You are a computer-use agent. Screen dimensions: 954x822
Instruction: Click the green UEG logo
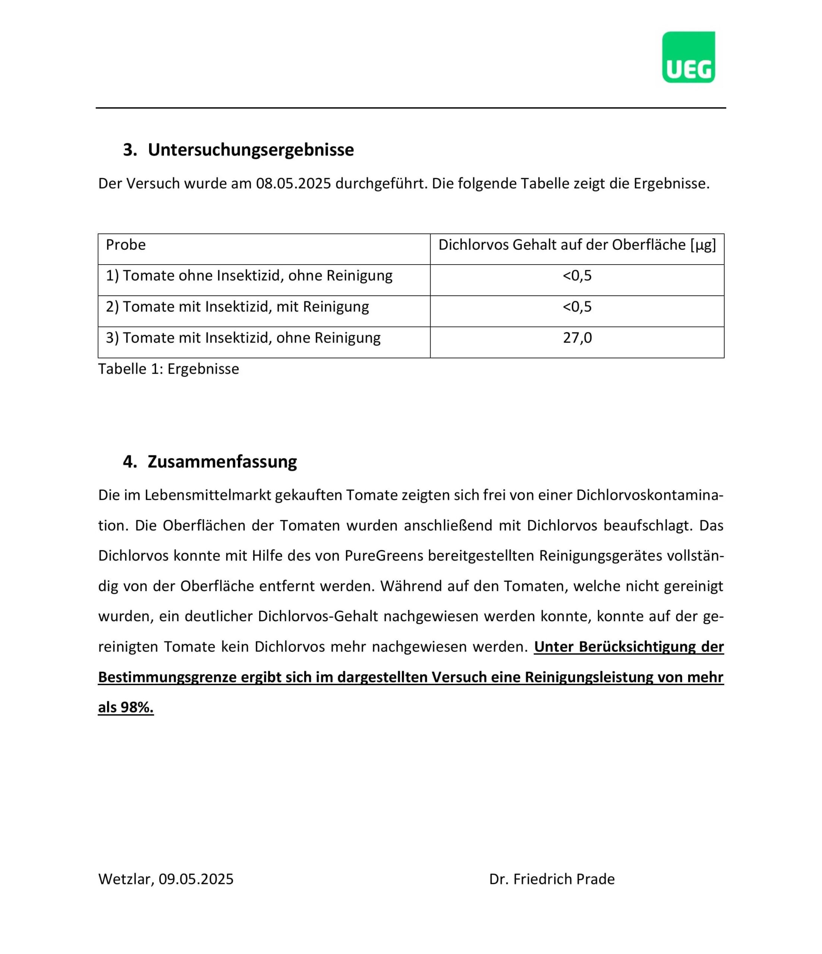[688, 57]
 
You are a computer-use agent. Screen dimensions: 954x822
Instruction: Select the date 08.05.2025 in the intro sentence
[293, 184]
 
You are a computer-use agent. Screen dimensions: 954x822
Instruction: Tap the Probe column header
[126, 245]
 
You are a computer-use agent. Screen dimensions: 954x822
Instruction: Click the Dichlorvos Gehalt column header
[577, 245]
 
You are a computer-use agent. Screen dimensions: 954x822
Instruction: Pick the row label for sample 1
[249, 276]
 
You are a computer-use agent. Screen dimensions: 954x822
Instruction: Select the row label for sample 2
[237, 307]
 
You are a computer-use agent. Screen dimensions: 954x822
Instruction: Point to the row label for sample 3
[243, 338]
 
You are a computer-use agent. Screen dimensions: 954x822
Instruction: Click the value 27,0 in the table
[577, 338]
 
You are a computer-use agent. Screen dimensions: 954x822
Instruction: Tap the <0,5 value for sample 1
[577, 276]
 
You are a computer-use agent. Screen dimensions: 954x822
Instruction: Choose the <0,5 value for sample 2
[577, 307]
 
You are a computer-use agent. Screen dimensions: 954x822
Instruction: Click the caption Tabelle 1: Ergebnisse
[169, 369]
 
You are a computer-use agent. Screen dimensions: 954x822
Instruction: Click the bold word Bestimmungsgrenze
[167, 677]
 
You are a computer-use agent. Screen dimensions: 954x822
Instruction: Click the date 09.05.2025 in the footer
[196, 879]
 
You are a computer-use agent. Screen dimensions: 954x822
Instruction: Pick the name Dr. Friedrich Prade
[552, 879]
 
